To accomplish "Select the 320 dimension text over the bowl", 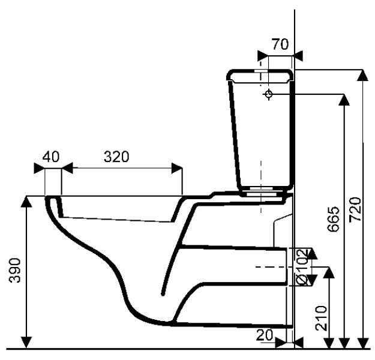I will [116, 157].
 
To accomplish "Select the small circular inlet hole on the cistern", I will [268, 94].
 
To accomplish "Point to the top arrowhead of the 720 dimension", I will [362, 76].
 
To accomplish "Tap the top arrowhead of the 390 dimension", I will [27, 202].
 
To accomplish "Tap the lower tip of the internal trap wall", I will [163, 295].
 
